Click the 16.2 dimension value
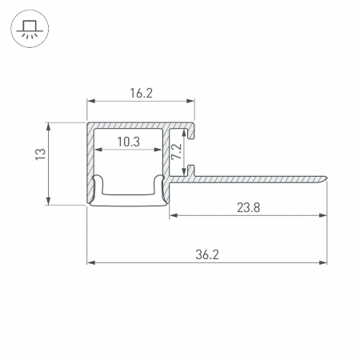tap(141, 93)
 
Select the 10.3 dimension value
tap(129, 142)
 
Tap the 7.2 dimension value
tap(177, 152)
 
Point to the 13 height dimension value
tap(41, 154)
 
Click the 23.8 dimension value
tap(249, 207)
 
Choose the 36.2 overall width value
tap(207, 254)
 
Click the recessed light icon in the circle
tap(30, 29)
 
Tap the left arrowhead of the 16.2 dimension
tap(91, 101)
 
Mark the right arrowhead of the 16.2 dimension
tap(190, 101)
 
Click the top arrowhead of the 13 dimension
tap(48, 126)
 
